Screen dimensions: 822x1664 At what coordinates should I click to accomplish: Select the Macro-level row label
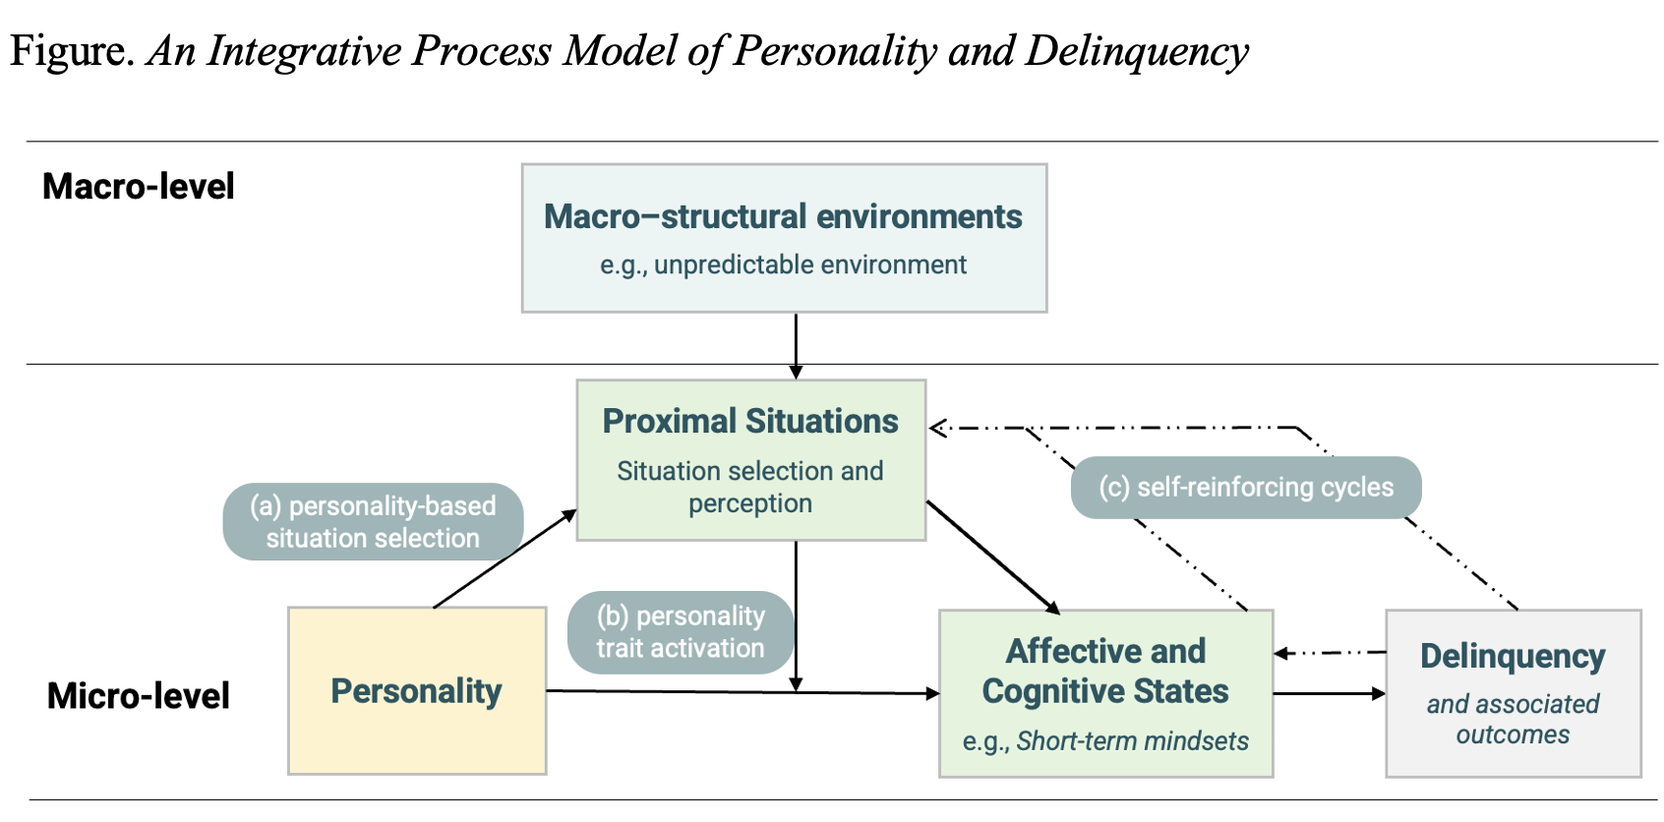pyautogui.click(x=138, y=186)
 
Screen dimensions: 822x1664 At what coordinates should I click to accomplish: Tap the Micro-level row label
pyautogui.click(x=138, y=695)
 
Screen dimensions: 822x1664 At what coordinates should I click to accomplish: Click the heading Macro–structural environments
pyautogui.click(x=783, y=216)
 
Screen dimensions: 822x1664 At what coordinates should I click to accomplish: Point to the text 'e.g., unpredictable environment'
pyautogui.click(x=783, y=264)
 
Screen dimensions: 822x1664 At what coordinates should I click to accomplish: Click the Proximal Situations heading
pyautogui.click(x=749, y=421)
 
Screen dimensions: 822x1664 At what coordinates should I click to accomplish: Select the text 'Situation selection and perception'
pyautogui.click(x=749, y=487)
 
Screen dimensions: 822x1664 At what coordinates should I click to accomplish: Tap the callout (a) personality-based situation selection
pyautogui.click(x=373, y=521)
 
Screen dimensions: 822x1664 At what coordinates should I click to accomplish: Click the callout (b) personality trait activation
pyautogui.click(x=680, y=631)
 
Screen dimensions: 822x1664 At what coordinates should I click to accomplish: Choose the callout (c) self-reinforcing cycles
pyautogui.click(x=1245, y=487)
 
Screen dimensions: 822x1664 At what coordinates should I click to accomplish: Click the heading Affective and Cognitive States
pyautogui.click(x=1105, y=671)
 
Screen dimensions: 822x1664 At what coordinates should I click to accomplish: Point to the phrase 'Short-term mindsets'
pyautogui.click(x=1132, y=740)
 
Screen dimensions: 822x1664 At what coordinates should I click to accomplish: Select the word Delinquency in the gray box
pyautogui.click(x=1512, y=656)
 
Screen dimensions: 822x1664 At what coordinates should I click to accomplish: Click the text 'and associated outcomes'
pyautogui.click(x=1512, y=719)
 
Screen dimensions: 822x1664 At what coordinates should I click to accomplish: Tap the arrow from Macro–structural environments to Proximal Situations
pyautogui.click(x=796, y=344)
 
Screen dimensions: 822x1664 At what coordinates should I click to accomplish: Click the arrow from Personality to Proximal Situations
pyautogui.click(x=504, y=558)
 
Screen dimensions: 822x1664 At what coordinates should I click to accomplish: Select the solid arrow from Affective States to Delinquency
pyautogui.click(x=1328, y=693)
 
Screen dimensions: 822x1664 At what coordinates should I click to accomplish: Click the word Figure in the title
pyautogui.click(x=70, y=50)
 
